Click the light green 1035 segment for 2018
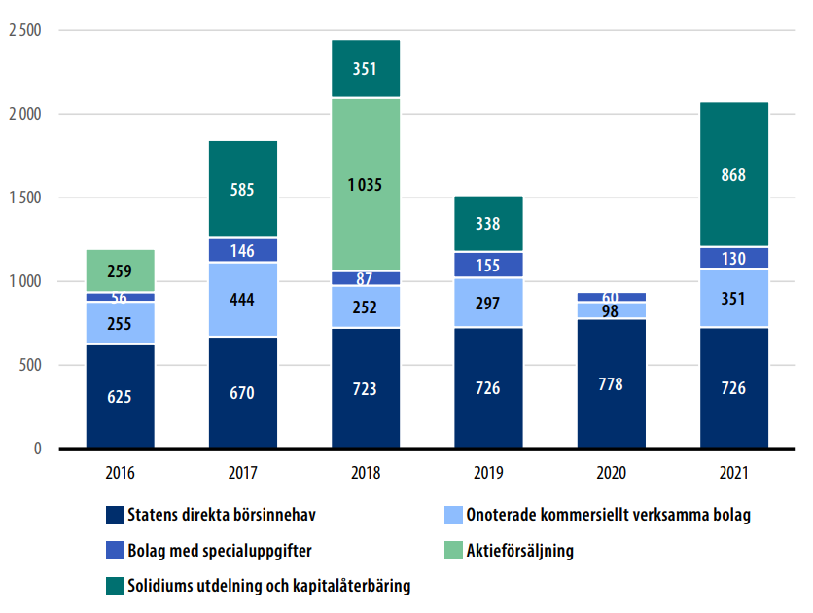tap(365, 183)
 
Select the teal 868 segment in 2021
tap(733, 174)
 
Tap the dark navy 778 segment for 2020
tap(611, 383)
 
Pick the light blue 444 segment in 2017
tap(242, 300)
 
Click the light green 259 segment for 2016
tap(120, 271)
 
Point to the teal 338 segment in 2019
tap(488, 224)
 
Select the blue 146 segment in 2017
tap(242, 251)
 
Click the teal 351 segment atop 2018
tap(365, 69)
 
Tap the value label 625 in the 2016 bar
tap(120, 396)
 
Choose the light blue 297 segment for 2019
tap(488, 303)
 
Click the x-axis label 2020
tap(611, 474)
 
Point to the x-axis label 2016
tap(120, 474)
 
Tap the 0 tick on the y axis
tap(37, 449)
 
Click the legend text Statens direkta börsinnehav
tap(222, 515)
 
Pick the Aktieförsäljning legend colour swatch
tap(452, 551)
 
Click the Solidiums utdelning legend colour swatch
tap(114, 587)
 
